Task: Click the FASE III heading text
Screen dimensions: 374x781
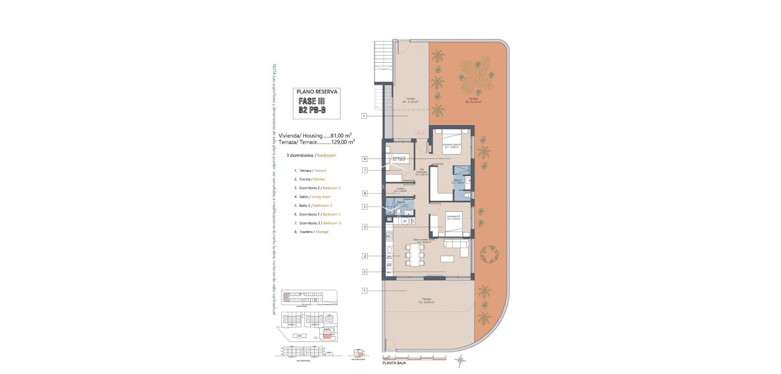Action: (312, 101)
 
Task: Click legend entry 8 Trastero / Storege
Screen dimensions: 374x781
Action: (311, 232)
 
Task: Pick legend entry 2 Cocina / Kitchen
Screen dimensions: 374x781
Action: (310, 179)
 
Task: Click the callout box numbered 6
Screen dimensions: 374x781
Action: (365, 159)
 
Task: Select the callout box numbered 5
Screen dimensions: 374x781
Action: (365, 207)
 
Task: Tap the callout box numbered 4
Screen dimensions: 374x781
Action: (365, 272)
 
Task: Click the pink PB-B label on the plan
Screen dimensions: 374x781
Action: (420, 133)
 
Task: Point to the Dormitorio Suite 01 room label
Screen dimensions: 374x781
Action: (452, 146)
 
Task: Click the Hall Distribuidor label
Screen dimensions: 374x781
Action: (422, 172)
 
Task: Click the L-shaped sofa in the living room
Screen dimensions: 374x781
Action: (458, 247)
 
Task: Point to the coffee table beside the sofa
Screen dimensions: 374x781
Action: (448, 259)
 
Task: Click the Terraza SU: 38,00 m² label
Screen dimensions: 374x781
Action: (426, 301)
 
